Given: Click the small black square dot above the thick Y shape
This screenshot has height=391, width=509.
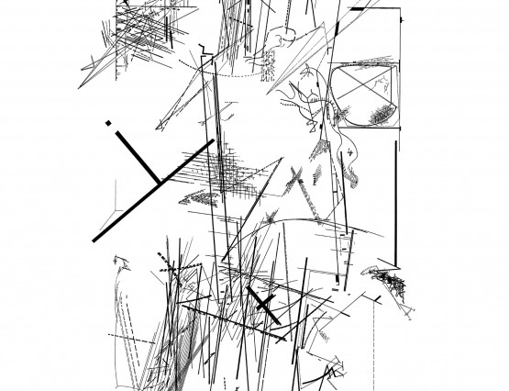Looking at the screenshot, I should point(108,121).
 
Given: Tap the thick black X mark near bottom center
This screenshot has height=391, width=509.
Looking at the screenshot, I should point(262,302).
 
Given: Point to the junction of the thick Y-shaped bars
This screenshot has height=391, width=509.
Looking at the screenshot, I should point(158,180).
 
